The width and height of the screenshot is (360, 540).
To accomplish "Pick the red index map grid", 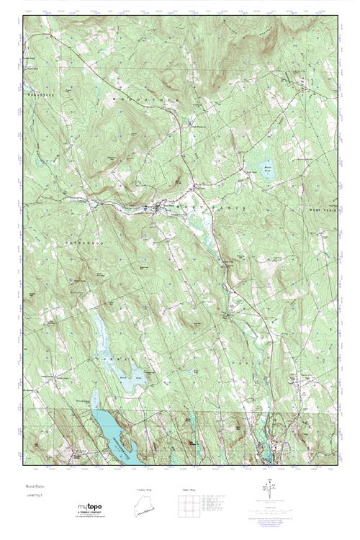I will tap(189, 508).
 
